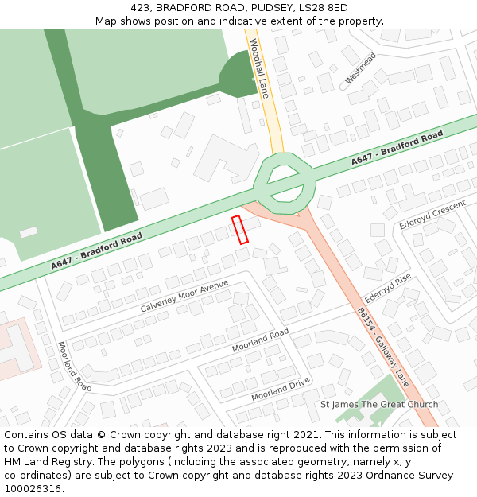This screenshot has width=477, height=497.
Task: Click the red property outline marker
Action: [x=239, y=229]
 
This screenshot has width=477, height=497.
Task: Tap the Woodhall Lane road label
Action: [x=259, y=68]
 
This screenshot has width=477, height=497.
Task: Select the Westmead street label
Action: [x=361, y=68]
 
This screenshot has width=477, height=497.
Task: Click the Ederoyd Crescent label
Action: [x=432, y=215]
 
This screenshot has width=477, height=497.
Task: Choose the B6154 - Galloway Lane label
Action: [x=382, y=347]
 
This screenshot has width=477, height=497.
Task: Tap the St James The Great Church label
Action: [x=379, y=404]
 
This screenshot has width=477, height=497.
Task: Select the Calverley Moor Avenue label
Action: [x=184, y=296]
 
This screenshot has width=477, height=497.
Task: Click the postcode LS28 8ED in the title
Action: [x=323, y=7]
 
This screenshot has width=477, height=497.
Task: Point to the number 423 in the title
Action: [x=141, y=7]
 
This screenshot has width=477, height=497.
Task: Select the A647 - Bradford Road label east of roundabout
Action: [x=397, y=149]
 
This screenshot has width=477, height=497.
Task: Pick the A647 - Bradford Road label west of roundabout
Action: [x=97, y=250]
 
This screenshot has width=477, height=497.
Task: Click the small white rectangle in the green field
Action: [x=29, y=232]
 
